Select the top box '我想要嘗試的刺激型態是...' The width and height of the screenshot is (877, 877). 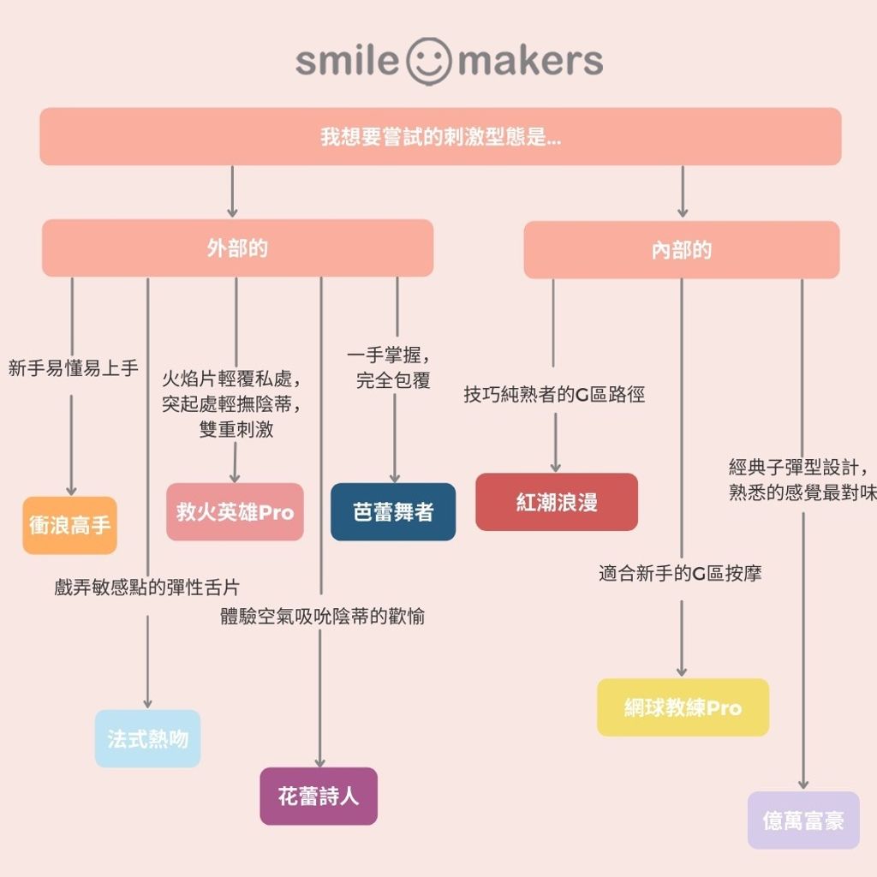tap(440, 136)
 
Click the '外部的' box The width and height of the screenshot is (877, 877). tap(237, 248)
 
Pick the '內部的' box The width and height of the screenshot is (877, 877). tap(681, 250)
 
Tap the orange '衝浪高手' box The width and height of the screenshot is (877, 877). tap(69, 525)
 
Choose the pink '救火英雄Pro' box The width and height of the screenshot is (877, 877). tap(235, 512)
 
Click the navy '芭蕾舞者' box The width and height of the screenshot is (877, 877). tap(393, 512)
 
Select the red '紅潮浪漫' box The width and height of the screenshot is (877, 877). tap(557, 502)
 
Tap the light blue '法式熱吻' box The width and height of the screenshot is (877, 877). tap(147, 738)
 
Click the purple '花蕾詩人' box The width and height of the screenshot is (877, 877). tap(319, 796)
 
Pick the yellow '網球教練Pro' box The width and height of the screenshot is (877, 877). tap(683, 708)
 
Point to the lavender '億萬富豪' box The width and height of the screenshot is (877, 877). tap(803, 820)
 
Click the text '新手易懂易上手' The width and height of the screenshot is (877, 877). tap(73, 368)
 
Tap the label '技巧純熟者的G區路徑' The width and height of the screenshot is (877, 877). tap(554, 395)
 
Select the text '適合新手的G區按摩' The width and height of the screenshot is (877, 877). tap(680, 573)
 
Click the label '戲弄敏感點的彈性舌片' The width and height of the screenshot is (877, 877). tap(146, 588)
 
